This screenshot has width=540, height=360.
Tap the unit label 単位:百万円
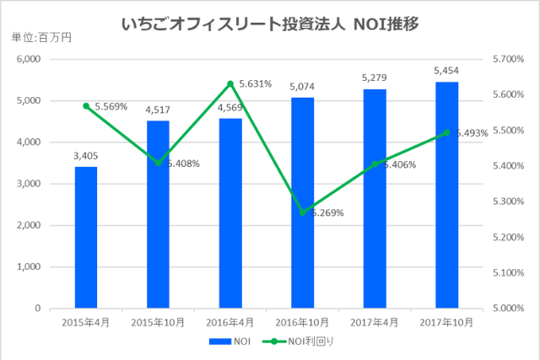click(40, 38)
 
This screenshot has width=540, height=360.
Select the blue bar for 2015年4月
click(86, 237)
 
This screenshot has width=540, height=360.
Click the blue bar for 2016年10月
click(302, 202)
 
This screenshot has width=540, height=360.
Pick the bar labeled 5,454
click(446, 195)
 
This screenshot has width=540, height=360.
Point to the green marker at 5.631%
click(230, 83)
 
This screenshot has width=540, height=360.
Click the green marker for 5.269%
click(302, 212)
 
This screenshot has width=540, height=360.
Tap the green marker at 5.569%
click(86, 105)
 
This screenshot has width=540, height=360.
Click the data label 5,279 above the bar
click(375, 77)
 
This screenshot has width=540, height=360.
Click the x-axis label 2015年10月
click(159, 321)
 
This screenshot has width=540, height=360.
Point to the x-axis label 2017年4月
click(375, 321)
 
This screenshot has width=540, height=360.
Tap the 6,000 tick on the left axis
click(29, 59)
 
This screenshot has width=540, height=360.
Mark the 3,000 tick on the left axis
click(29, 184)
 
